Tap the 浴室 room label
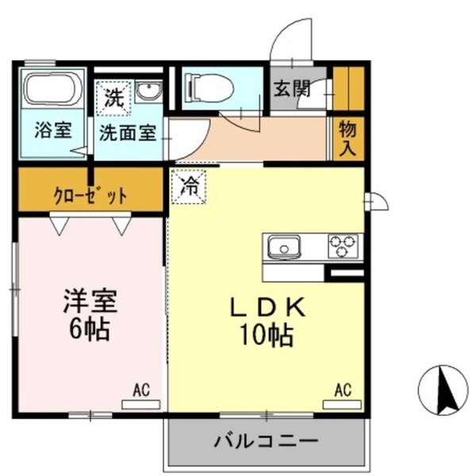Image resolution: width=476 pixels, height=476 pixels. click(x=52, y=132)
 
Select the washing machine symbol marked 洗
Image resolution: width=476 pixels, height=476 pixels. click(x=115, y=100)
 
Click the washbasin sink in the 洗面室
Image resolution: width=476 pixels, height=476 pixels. click(x=148, y=92)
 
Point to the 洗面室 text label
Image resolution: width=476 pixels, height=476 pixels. click(x=131, y=132)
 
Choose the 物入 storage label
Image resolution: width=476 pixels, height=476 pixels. click(x=347, y=138)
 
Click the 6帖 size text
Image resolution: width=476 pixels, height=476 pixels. click(x=89, y=329)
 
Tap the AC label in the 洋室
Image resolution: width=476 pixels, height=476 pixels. click(x=141, y=390)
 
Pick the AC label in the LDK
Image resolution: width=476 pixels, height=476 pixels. click(x=342, y=390)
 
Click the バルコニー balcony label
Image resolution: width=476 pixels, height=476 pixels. click(x=267, y=440)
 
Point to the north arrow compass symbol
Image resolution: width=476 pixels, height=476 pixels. click(x=441, y=388)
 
